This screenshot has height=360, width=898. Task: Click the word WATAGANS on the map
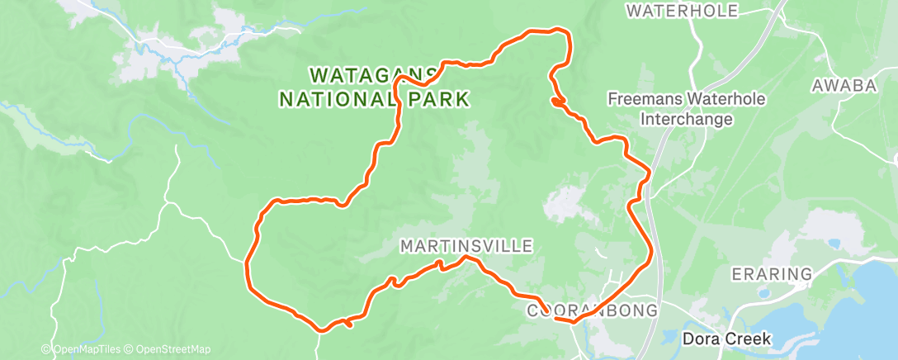coord(363,74)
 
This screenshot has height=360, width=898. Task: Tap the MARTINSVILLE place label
coord(466,246)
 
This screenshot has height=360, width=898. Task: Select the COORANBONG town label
coord(592,310)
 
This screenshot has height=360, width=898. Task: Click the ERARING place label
coord(773,273)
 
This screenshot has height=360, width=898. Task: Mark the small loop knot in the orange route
coord(559,102)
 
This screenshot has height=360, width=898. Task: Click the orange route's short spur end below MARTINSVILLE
coord(352,324)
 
